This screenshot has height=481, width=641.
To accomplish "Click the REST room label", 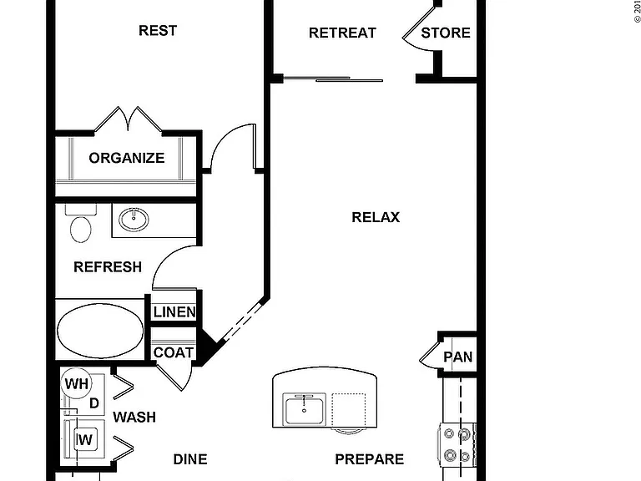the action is [158, 30].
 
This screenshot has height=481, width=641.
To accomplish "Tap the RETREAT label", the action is [342, 33].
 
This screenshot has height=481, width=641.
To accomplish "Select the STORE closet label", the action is [446, 33].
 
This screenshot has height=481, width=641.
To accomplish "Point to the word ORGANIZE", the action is [127, 158].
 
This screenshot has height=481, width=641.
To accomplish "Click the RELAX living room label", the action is [376, 217].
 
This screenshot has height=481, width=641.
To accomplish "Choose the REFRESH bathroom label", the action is [108, 267].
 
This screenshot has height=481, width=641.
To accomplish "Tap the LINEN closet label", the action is [174, 312].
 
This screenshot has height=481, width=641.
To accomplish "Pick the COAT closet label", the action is [174, 352].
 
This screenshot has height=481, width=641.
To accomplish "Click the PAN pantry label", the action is [458, 357].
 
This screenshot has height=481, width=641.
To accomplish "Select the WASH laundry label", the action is [134, 418].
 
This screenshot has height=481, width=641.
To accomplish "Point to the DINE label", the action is [190, 459].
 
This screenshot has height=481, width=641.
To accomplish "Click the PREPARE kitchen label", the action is [370, 459].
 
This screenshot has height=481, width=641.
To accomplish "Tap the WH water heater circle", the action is [77, 383].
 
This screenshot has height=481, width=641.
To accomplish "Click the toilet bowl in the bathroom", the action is [80, 230].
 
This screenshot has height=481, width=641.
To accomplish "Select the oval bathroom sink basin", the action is [134, 220].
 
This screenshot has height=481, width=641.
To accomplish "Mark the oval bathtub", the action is [100, 331].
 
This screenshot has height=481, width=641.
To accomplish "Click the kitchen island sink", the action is [305, 410].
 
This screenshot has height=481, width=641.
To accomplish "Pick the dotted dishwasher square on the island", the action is [349, 410].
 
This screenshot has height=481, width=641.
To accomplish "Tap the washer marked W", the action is [84, 440].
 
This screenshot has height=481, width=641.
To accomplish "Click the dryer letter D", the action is [94, 403].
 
